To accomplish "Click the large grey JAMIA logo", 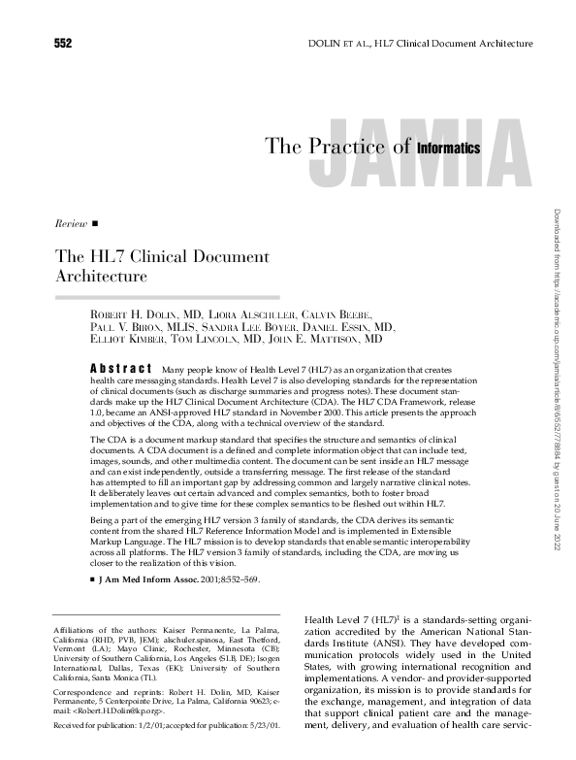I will point(427,155).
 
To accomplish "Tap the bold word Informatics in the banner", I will point(449,149).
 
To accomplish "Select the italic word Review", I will point(71,224).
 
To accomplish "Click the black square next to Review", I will point(95,224).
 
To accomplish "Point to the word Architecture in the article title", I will point(94,276).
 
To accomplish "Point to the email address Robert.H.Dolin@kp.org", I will point(131,710).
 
